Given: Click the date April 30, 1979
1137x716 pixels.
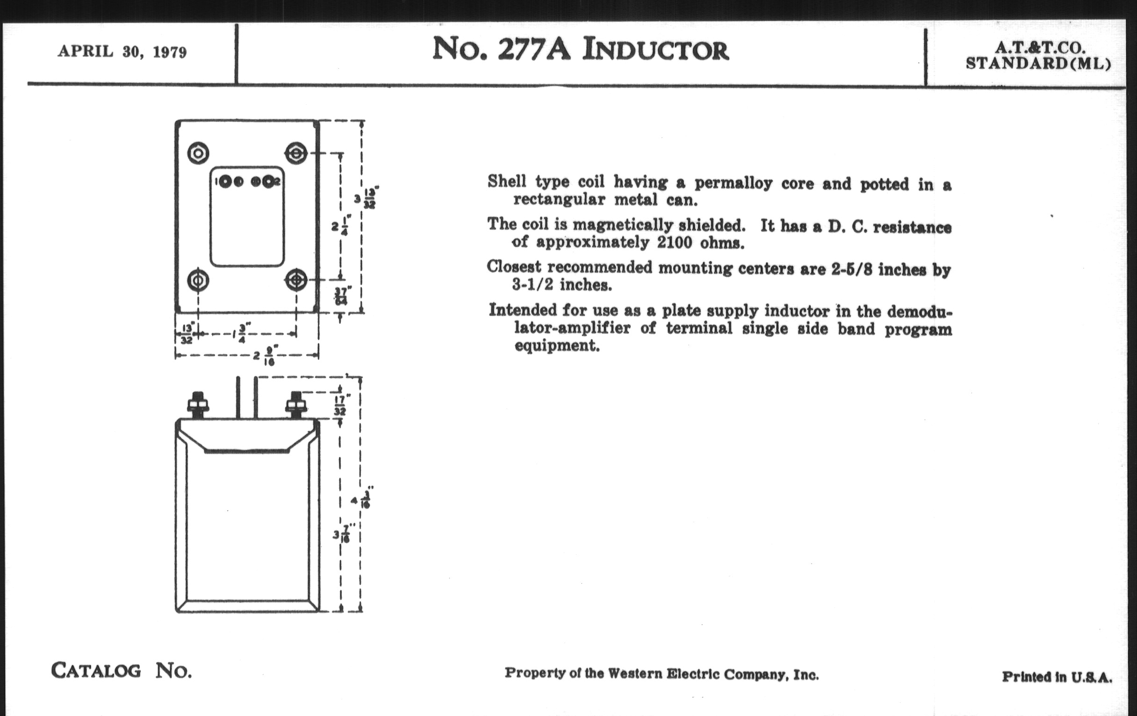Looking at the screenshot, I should (x=122, y=51).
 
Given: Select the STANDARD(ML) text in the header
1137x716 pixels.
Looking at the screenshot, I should (x=1038, y=63).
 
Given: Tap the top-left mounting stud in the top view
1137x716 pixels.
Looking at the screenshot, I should (x=198, y=153).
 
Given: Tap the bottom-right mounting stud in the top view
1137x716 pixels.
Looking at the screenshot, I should (x=296, y=281).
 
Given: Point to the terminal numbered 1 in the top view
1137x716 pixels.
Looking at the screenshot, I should (x=225, y=182).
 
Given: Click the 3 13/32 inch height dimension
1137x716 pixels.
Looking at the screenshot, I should (x=366, y=198).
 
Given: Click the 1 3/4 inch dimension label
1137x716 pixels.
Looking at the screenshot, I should (x=241, y=333).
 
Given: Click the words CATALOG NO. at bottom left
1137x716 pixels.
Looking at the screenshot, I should (x=122, y=671).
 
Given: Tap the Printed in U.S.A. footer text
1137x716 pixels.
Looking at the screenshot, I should (x=1057, y=677).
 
